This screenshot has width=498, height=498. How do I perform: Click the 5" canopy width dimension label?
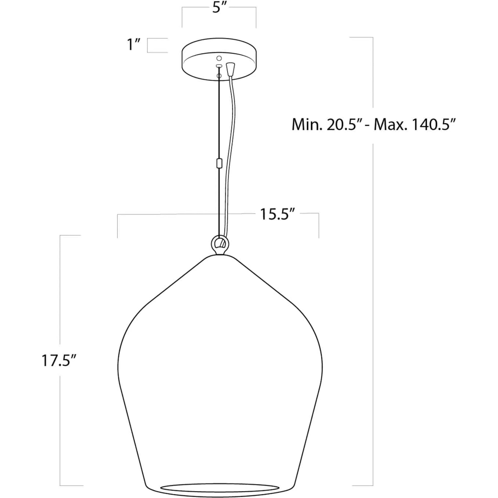[x=219, y=8]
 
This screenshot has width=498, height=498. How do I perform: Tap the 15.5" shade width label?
[x=277, y=214]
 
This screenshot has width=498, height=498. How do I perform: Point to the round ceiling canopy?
[x=219, y=59]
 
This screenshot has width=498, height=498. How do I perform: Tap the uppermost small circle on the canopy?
[x=219, y=58]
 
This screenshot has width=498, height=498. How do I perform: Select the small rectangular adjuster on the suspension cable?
[x=219, y=163]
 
